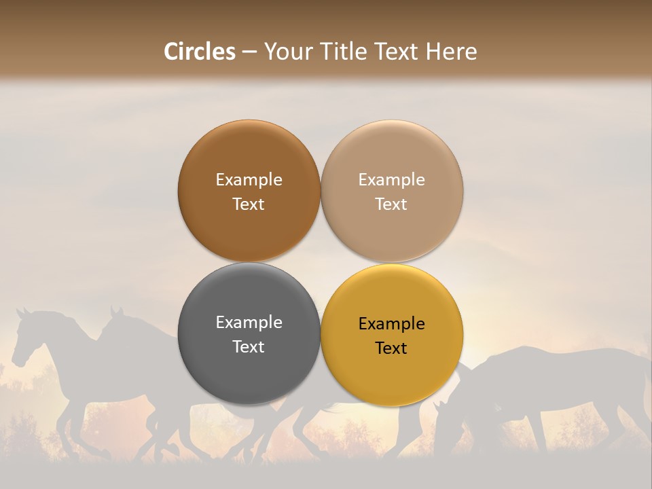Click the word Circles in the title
(200, 52)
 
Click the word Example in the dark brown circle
(249, 180)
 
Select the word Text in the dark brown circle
(249, 204)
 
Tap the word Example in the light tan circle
(391, 180)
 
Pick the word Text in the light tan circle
(391, 204)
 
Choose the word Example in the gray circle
(249, 323)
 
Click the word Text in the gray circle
(249, 346)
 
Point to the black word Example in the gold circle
(391, 324)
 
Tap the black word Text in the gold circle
(391, 348)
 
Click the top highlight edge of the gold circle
(392, 266)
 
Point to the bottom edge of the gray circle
(249, 403)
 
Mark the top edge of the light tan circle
(392, 122)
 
